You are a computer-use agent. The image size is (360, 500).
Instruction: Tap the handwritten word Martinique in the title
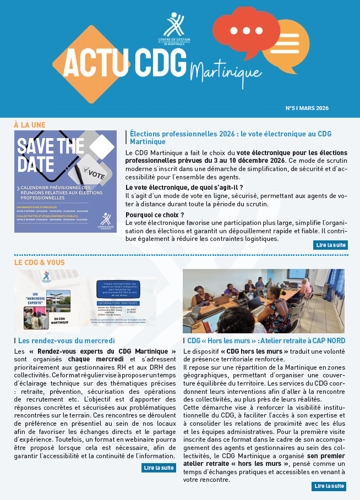coord(218,71)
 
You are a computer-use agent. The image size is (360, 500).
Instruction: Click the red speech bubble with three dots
coord(246,32)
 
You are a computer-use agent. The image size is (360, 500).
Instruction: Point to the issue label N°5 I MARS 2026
coord(307,108)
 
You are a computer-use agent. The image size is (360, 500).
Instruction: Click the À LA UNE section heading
coord(29,125)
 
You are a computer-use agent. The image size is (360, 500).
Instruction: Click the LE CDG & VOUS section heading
coord(39,262)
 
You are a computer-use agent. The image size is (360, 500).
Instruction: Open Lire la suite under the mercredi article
coord(159,468)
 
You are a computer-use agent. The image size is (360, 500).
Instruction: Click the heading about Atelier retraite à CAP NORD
coord(266,340)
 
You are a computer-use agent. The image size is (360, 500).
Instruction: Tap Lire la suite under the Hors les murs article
coord(330,486)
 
